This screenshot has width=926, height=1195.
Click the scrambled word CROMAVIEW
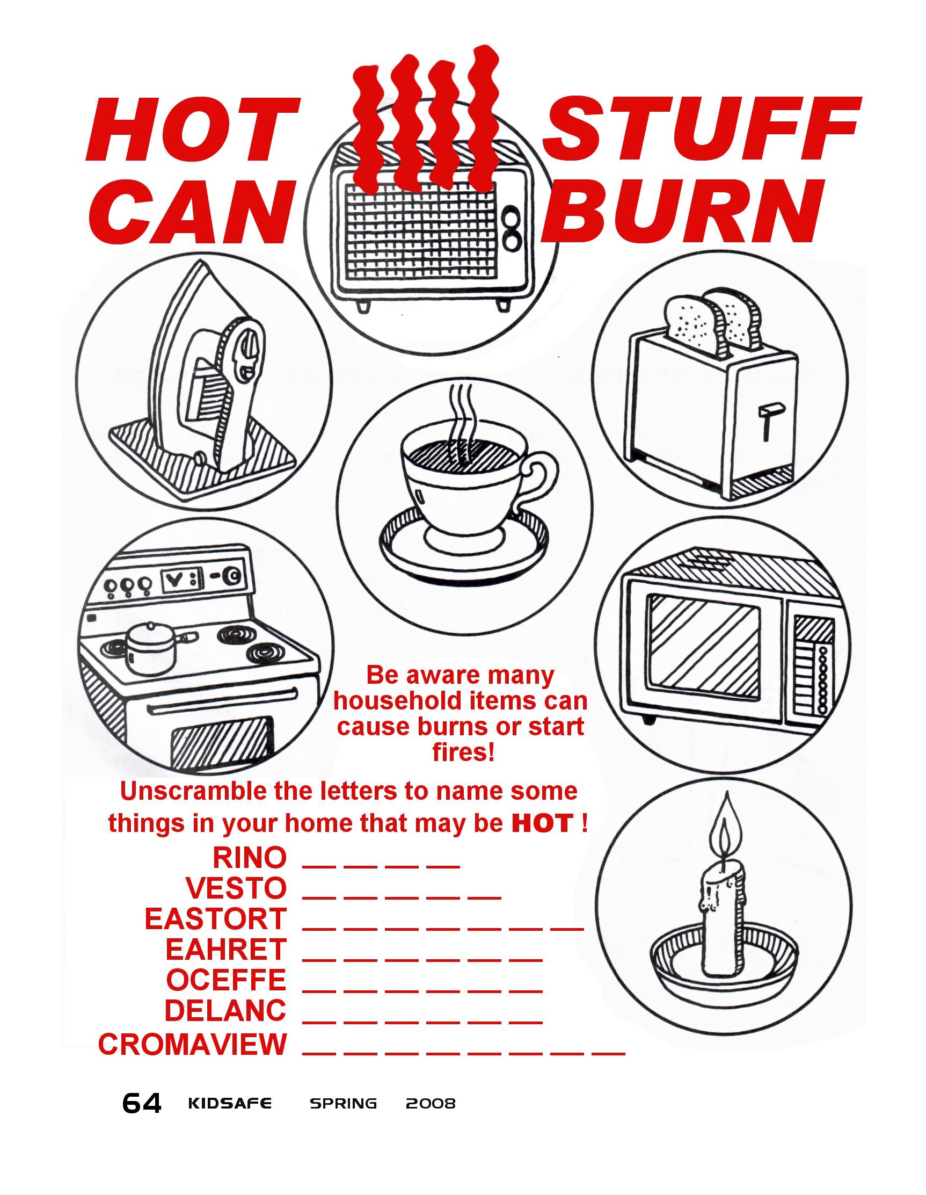click(193, 1045)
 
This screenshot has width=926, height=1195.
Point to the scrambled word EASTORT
click(215, 919)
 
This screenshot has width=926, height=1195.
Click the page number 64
click(142, 1104)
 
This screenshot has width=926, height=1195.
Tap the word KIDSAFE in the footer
click(230, 1104)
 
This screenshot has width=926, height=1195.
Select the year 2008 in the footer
click(431, 1104)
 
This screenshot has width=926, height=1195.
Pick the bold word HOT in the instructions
click(543, 823)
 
